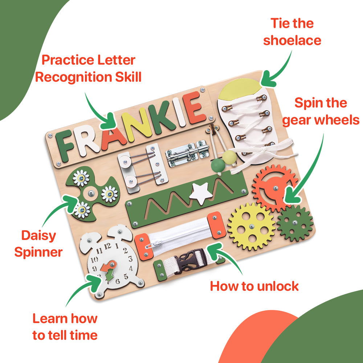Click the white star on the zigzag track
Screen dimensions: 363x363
tap(201, 193)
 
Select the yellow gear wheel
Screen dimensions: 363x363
tap(252, 227)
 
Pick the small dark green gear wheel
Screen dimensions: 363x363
tap(295, 223)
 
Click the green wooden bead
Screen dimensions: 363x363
tap(218, 165)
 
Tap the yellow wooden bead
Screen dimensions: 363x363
tap(229, 158)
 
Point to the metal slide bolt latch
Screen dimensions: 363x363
tap(187, 153)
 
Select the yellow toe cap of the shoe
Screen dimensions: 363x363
tap(238, 89)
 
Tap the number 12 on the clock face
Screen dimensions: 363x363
tap(107, 246)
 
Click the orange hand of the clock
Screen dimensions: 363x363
tap(109, 266)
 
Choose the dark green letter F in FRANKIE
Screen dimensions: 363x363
tap(65, 146)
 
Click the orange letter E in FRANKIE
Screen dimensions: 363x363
tap(194, 107)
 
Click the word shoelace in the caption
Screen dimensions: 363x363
tap(292, 40)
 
